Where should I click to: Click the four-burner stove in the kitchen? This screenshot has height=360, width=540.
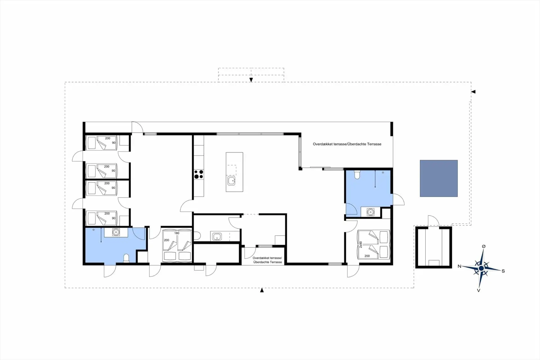pyautogui.click(x=199, y=174)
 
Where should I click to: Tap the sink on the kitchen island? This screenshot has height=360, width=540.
pyautogui.click(x=231, y=181)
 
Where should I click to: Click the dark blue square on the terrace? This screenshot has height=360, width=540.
pyautogui.click(x=439, y=178)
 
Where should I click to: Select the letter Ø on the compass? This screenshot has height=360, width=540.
pyautogui.click(x=483, y=246)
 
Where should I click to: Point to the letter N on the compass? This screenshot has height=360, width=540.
pyautogui.click(x=459, y=266)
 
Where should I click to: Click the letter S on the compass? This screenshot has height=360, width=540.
pyautogui.click(x=503, y=271)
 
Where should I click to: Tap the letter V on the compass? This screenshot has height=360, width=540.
pyautogui.click(x=478, y=290)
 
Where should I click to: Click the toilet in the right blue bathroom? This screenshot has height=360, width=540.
pyautogui.click(x=357, y=175)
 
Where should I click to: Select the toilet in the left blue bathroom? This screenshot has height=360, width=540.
pyautogui.click(x=126, y=258)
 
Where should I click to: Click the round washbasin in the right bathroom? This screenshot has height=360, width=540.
pyautogui.click(x=370, y=212)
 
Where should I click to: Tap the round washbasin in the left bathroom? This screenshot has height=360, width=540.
pyautogui.click(x=116, y=232)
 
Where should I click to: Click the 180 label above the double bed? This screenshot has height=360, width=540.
pyautogui.click(x=177, y=233)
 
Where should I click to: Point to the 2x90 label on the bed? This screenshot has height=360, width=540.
pyautogui.click(x=361, y=245)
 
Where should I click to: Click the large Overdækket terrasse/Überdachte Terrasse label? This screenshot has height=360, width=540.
pyautogui.click(x=347, y=144)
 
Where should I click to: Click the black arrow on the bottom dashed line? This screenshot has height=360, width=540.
pyautogui.click(x=262, y=290)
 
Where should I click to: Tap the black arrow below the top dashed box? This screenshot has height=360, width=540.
pyautogui.click(x=251, y=80)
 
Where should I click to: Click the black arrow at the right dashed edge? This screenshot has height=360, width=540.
pyautogui.click(x=473, y=92)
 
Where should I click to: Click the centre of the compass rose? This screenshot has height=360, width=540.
pyautogui.click(x=481, y=268)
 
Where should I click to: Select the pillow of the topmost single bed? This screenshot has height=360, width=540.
pyautogui.click(x=92, y=143)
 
